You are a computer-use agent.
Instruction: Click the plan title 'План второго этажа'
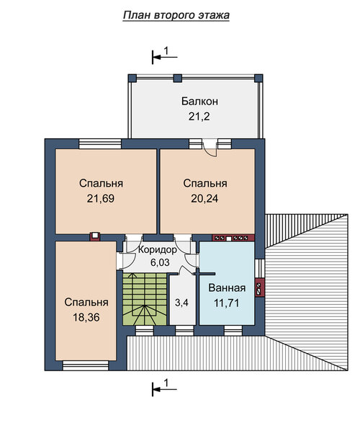pos(176,15)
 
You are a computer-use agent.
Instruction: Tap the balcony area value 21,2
pos(199,117)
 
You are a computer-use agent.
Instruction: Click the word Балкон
pos(199,102)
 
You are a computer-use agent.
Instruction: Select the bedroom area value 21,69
pos(101,199)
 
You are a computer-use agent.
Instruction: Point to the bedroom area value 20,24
pos(204,199)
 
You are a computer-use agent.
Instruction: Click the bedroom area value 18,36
pos(86,317)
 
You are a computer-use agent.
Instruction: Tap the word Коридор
pos(158,249)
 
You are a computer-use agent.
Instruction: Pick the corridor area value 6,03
pos(160,262)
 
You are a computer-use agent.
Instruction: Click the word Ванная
pos(227,288)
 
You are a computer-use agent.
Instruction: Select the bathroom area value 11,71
pos(227,303)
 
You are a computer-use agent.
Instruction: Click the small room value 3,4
pos(181,303)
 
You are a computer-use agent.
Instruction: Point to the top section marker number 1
pos(166,50)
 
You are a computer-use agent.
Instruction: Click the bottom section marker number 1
pos(166,383)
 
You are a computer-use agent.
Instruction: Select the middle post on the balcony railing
pos(178,79)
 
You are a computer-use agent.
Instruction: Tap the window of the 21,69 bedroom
pos(100,143)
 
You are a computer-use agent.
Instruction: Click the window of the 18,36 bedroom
pos(86,365)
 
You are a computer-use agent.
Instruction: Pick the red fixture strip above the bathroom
pos(233,238)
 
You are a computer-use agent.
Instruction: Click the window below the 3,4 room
pos(184,331)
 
